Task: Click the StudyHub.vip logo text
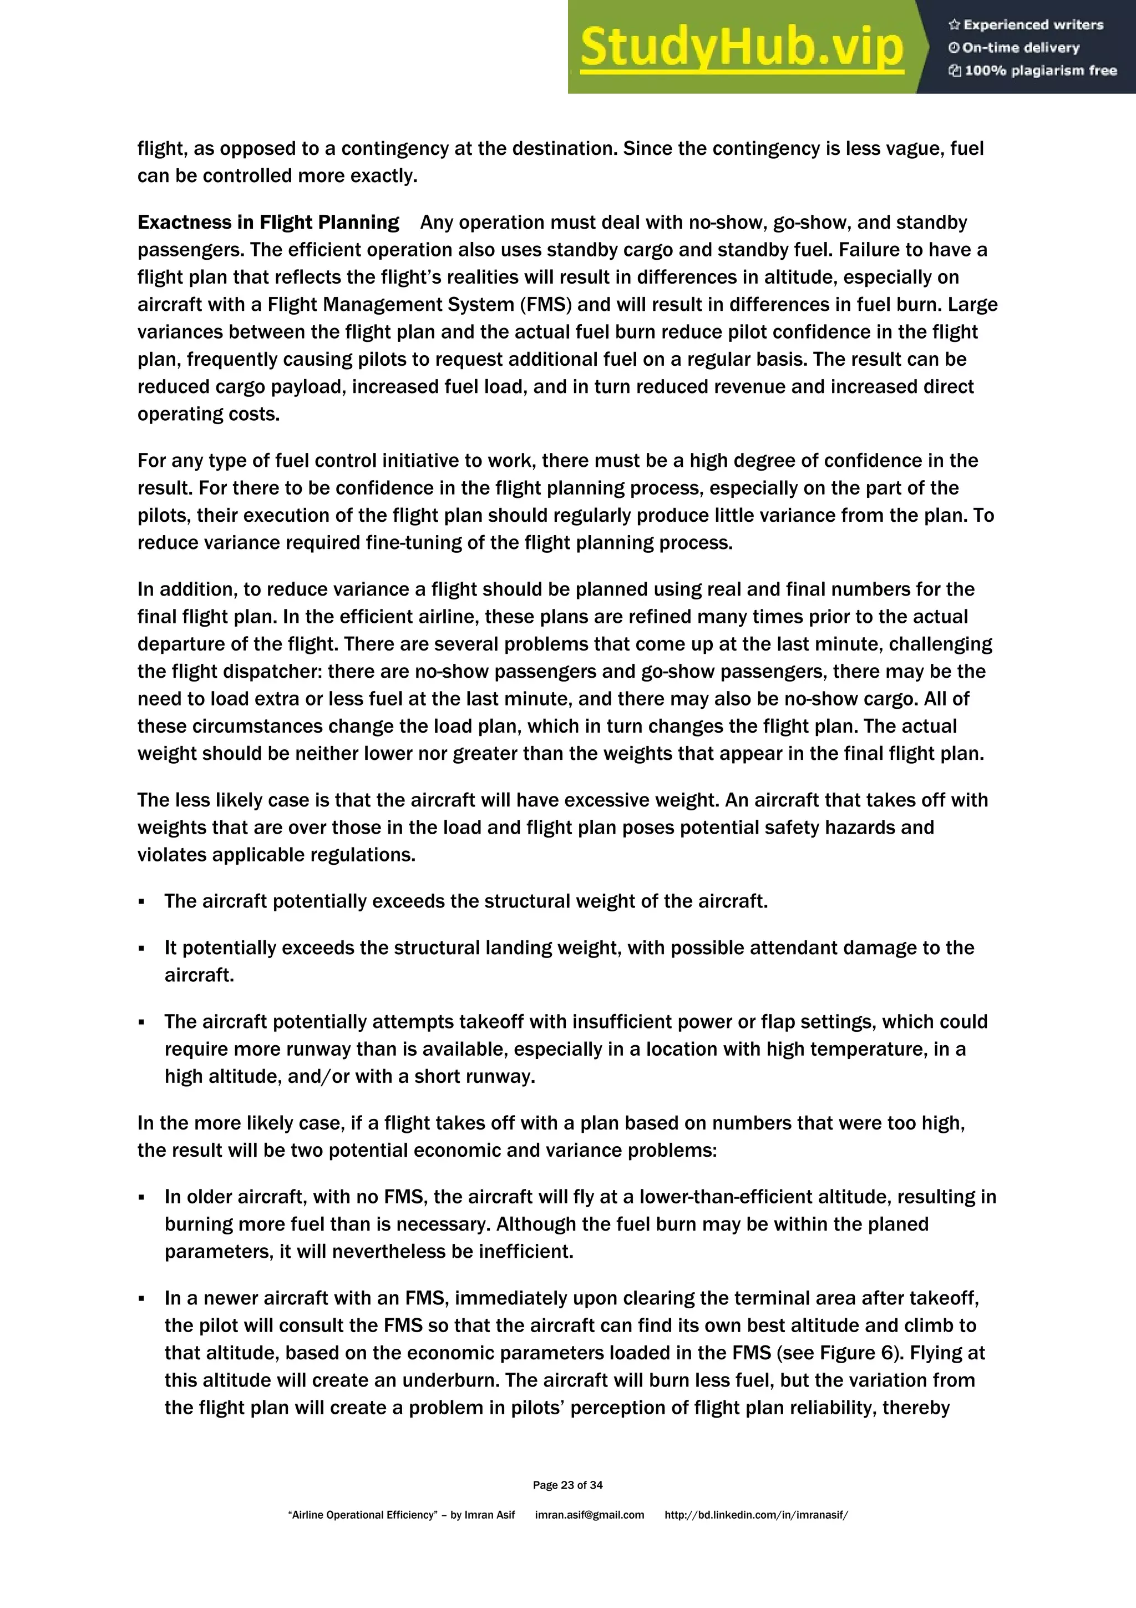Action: coord(742,48)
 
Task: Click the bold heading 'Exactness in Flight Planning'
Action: coord(268,223)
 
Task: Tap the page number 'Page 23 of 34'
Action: coord(567,1485)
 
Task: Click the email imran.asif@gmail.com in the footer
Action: coord(589,1515)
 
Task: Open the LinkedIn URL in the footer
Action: coord(756,1515)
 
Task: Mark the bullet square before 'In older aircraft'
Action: coord(141,1198)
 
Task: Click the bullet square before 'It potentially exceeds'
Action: coord(141,948)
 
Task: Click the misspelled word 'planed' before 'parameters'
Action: coord(898,1224)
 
